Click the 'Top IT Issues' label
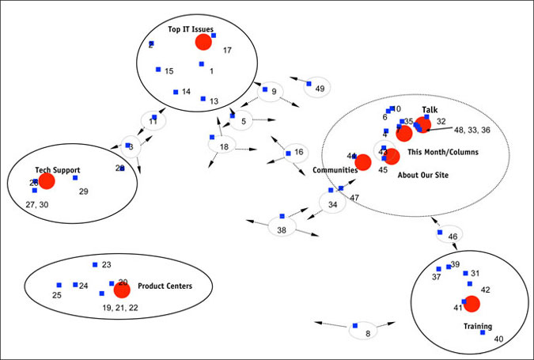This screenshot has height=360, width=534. (x=191, y=30)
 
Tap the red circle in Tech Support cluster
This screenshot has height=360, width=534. (x=47, y=181)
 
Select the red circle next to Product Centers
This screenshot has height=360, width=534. (x=122, y=290)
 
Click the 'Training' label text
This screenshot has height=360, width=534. (x=478, y=326)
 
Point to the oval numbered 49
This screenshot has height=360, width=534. (x=317, y=89)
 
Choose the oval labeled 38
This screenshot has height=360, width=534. (x=282, y=228)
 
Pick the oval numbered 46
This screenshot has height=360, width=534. (x=451, y=236)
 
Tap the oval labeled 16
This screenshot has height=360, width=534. (x=297, y=152)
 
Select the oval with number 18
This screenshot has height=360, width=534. (x=223, y=146)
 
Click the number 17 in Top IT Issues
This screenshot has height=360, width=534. (x=227, y=51)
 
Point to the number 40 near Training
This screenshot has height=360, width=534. (x=498, y=339)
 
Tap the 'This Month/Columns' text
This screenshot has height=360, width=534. (x=443, y=152)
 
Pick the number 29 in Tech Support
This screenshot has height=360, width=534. (x=84, y=191)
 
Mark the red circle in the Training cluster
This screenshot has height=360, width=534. (x=472, y=303)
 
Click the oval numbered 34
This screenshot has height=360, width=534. (x=332, y=204)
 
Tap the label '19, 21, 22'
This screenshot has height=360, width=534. (x=120, y=307)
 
